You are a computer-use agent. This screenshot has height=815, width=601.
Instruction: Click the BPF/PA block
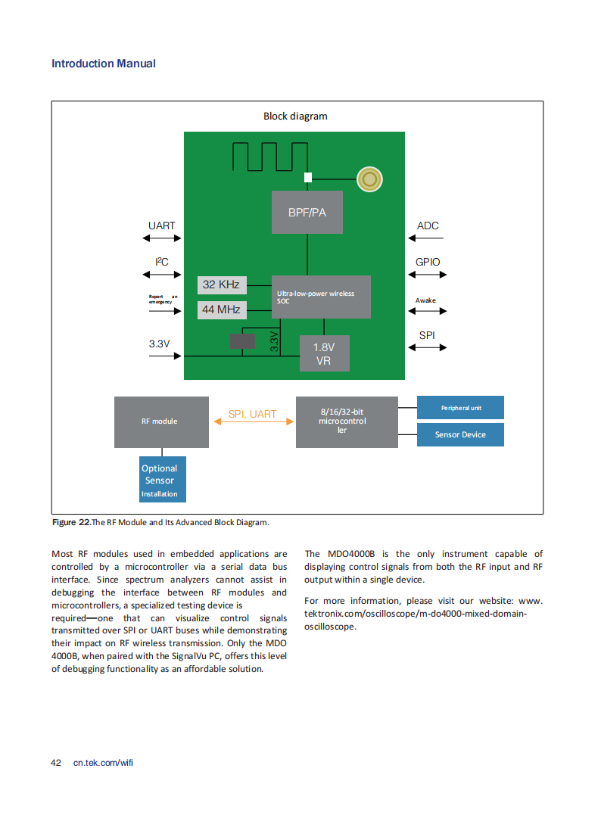pyautogui.click(x=307, y=212)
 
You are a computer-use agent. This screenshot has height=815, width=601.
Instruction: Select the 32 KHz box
pyautogui.click(x=222, y=285)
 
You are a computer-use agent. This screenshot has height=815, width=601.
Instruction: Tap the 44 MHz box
pyautogui.click(x=222, y=310)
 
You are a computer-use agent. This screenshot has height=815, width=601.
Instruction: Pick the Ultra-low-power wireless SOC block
pyautogui.click(x=321, y=297)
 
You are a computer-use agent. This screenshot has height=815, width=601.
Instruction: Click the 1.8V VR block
pyautogui.click(x=325, y=353)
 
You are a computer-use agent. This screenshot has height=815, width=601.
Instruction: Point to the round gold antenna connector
pyautogui.click(x=369, y=179)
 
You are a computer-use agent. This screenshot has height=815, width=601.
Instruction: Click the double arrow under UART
pyautogui.click(x=162, y=238)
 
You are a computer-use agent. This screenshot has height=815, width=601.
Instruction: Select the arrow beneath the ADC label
pyautogui.click(x=426, y=238)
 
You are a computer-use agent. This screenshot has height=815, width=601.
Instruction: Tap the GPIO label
pyautogui.click(x=428, y=262)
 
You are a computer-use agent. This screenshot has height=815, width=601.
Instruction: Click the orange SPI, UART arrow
pyautogui.click(x=254, y=421)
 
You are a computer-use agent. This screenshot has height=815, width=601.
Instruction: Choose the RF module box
pyautogui.click(x=161, y=422)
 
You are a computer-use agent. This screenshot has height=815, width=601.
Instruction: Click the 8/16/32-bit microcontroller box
pyautogui.click(x=347, y=422)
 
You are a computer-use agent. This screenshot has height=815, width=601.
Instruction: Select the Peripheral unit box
pyautogui.click(x=460, y=407)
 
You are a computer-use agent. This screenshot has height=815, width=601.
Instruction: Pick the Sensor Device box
pyautogui.click(x=460, y=434)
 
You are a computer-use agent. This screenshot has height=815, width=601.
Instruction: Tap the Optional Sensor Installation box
pyautogui.click(x=162, y=479)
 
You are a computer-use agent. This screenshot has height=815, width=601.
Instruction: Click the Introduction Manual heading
pyautogui.click(x=104, y=64)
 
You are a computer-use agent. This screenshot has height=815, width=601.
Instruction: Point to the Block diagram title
pyautogui.click(x=295, y=116)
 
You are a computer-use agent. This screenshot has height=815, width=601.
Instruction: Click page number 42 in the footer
pyautogui.click(x=55, y=763)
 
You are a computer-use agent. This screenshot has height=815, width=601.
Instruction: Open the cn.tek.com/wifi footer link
pyautogui.click(x=103, y=763)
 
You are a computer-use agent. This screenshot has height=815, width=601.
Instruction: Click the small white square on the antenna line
pyautogui.click(x=308, y=177)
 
